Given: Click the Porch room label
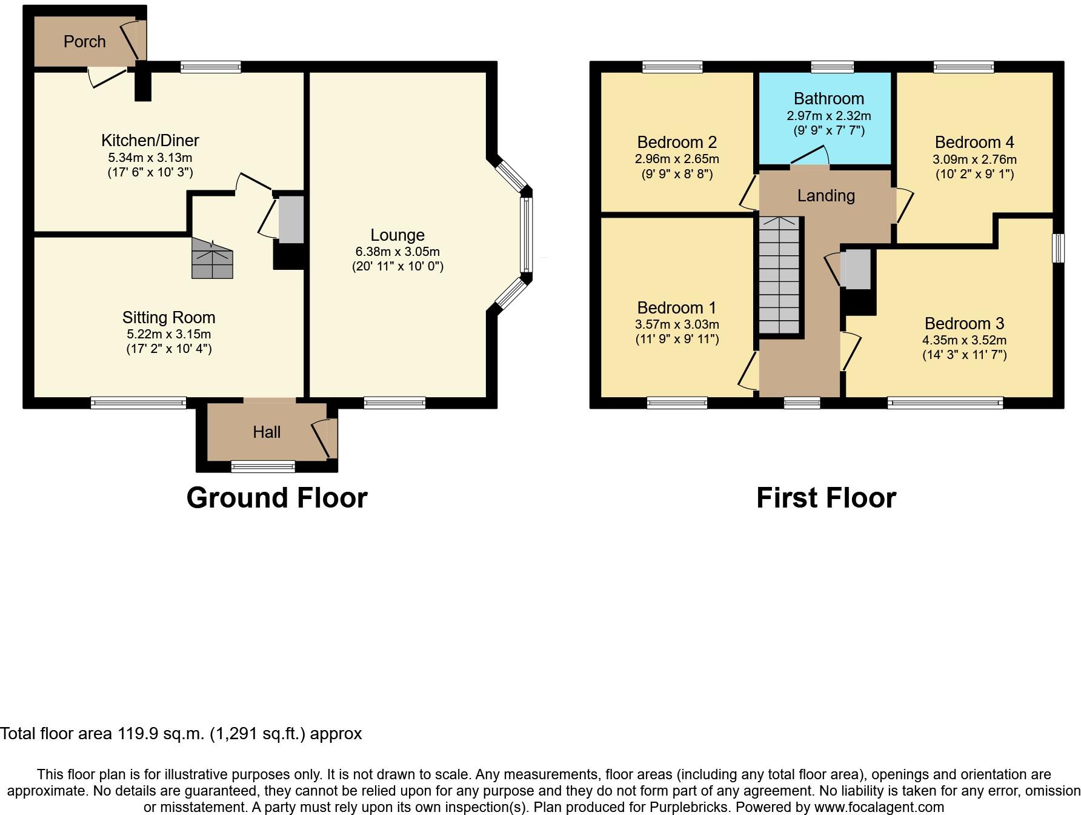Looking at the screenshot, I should [85, 41].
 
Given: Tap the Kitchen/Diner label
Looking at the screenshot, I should [150, 140].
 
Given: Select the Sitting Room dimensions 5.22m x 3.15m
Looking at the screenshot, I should [168, 334].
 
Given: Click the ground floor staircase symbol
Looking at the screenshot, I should [212, 258].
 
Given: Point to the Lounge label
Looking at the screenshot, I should [397, 235].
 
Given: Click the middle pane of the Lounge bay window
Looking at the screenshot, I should [526, 235].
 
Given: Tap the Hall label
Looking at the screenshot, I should [267, 432].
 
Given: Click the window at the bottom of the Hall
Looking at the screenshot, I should [263, 466].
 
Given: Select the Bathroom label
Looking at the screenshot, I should [828, 98].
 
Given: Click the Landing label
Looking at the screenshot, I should [825, 195].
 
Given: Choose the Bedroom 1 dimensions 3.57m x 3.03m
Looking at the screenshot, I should [677, 324].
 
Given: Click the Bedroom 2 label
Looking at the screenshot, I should [677, 142].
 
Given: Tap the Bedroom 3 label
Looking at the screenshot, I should [964, 323].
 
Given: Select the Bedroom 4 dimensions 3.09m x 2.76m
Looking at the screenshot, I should [974, 159].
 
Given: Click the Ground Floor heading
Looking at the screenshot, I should [277, 498].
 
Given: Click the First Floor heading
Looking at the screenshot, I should [826, 498].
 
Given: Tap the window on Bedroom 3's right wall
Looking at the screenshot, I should [1058, 248].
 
